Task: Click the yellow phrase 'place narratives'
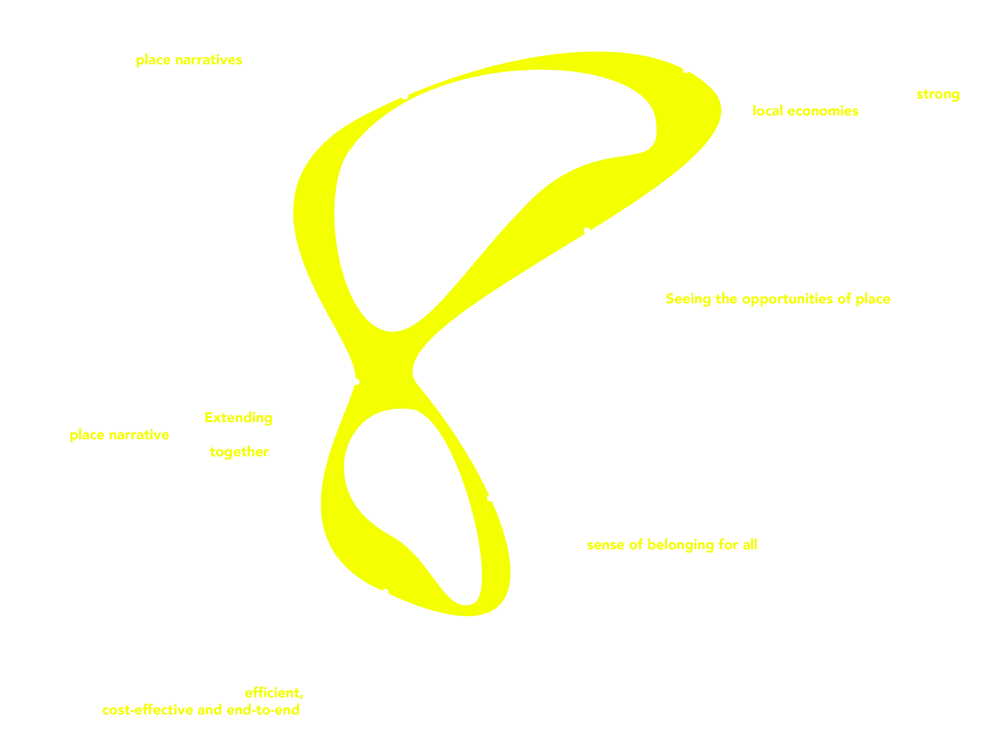(x=189, y=60)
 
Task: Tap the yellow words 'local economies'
(x=805, y=111)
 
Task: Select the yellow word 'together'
(x=239, y=452)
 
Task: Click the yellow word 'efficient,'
(x=274, y=693)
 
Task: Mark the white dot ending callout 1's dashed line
(x=405, y=96)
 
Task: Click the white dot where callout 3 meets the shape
(x=587, y=231)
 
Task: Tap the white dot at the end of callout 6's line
(x=356, y=382)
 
